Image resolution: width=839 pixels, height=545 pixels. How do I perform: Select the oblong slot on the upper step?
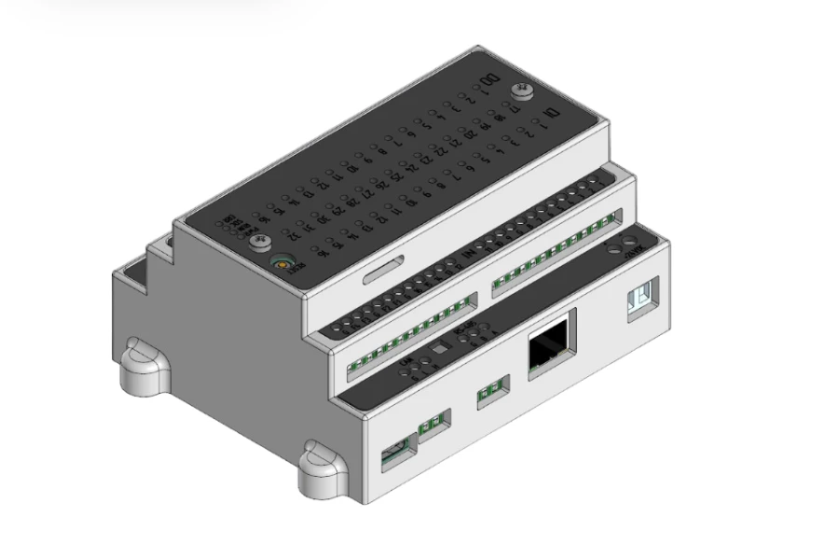coord(383,272)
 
